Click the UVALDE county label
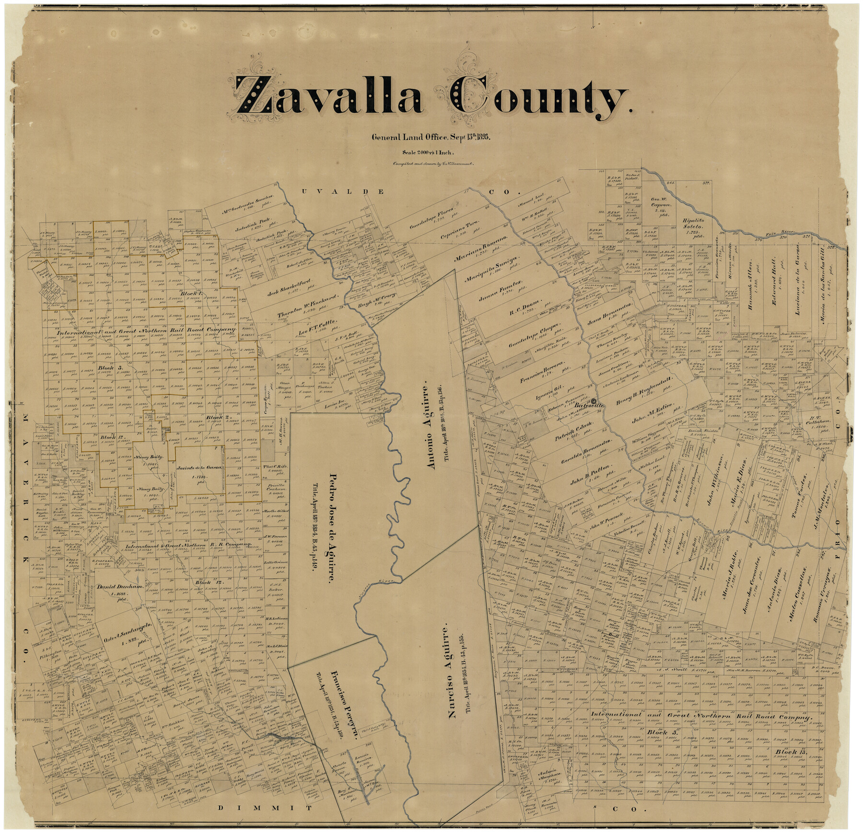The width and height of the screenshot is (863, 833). coord(342,192)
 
